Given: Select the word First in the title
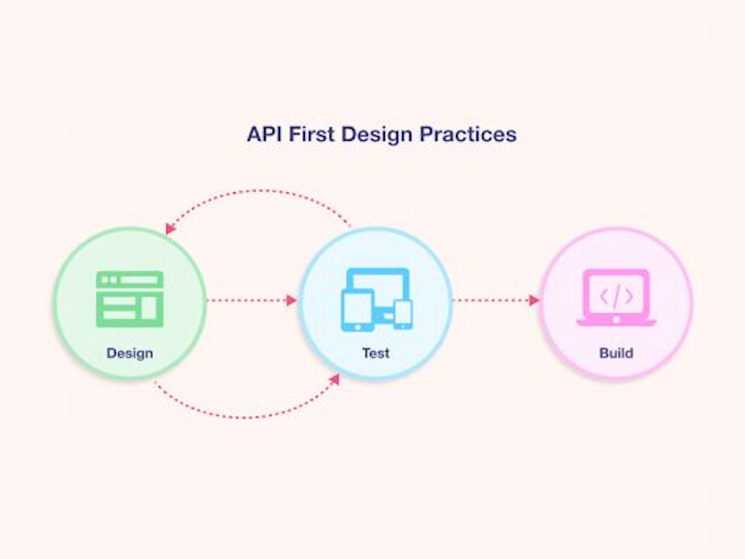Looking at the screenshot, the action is (312, 134).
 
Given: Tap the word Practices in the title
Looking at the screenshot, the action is (468, 134).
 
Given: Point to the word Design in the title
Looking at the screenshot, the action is (377, 135).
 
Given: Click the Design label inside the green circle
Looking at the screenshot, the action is (130, 353).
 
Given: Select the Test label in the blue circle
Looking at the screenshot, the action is (376, 353).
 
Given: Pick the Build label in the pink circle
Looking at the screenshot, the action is (616, 353).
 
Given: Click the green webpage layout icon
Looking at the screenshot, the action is (130, 299).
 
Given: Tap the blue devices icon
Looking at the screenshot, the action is (377, 300).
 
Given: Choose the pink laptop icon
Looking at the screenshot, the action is (616, 297).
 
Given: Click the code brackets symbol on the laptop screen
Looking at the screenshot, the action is (616, 297).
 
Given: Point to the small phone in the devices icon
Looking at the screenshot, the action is (404, 315).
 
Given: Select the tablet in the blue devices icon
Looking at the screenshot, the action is (357, 310).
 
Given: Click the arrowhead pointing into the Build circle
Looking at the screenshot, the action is (535, 300).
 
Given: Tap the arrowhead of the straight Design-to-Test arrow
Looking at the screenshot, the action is (292, 300).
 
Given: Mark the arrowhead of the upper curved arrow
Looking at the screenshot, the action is (170, 228).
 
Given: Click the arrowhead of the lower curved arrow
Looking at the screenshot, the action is (335, 379).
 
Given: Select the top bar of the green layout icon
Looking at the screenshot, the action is (130, 279).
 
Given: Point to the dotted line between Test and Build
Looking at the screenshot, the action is (491, 300).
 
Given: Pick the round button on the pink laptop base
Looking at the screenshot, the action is (616, 320).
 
